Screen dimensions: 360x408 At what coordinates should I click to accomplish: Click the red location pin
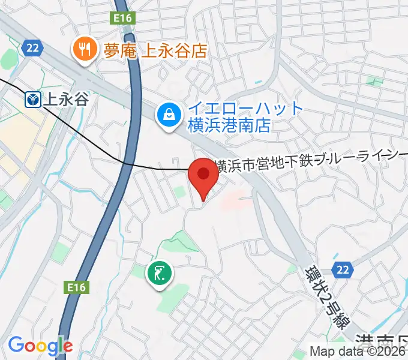[x=203, y=176]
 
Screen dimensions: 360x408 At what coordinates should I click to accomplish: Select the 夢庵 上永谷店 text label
[x=155, y=50]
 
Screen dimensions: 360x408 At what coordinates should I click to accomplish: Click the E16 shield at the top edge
[x=123, y=19]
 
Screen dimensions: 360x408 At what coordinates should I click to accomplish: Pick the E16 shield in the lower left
[x=77, y=287]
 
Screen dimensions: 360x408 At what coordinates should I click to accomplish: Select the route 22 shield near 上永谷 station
[x=32, y=47]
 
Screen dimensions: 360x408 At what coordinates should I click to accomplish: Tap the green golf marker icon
[x=159, y=274]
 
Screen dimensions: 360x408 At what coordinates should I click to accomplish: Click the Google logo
[x=40, y=346]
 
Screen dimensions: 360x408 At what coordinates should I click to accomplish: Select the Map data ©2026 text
[x=358, y=352]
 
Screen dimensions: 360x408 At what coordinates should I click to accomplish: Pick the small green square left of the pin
[x=178, y=192]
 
